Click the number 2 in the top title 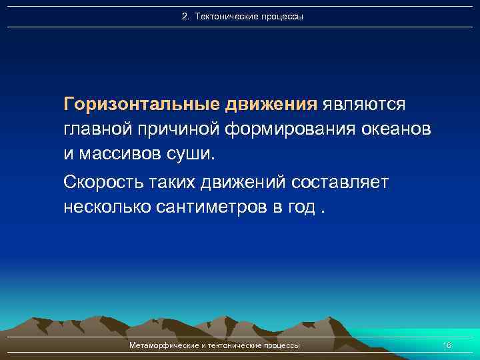point(185,16)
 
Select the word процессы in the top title point(281,16)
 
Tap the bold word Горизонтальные point(142,105)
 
